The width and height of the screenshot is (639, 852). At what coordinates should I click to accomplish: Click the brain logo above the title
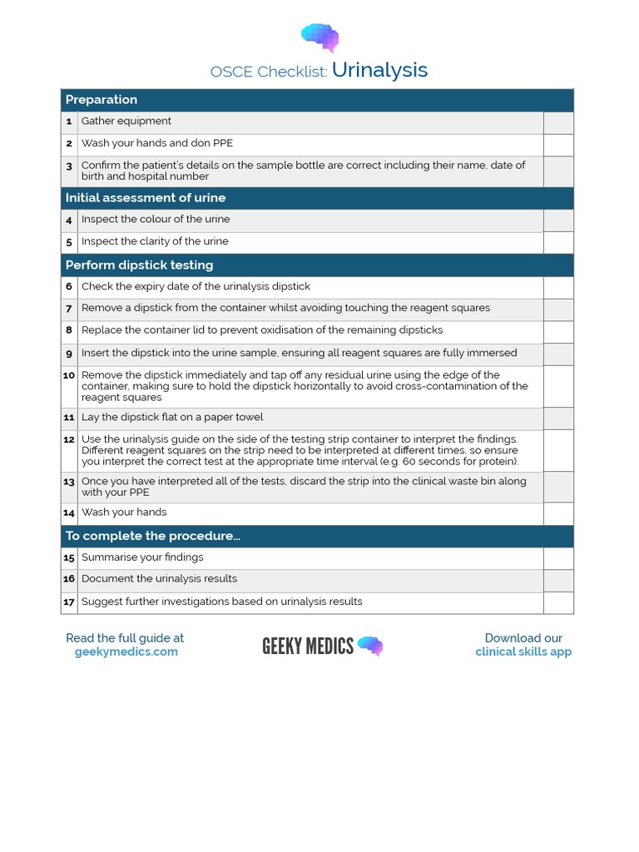pos(319,37)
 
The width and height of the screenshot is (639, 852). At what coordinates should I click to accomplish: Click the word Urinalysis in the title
pos(379,70)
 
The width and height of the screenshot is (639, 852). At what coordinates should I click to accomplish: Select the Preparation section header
pos(102,100)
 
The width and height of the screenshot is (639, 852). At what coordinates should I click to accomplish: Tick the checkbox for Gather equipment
pos(558,122)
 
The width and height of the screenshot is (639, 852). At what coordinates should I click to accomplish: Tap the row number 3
pos(69,166)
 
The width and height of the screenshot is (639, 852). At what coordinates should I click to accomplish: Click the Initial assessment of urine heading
pos(146,198)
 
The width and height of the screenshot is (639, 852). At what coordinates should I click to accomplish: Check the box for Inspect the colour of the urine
pos(558,220)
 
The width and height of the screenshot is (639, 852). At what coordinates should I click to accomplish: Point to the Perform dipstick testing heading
pos(139,265)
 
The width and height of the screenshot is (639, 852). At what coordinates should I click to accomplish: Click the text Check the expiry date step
pos(196,286)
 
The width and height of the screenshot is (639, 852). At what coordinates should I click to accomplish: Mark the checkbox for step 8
pos(558,332)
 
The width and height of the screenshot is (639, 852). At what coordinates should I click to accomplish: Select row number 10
pos(69,375)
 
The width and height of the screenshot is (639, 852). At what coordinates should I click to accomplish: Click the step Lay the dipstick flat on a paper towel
pos(172,418)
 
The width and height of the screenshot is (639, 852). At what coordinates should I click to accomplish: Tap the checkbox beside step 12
pos(558,450)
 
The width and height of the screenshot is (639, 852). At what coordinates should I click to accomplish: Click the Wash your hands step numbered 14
pos(124,513)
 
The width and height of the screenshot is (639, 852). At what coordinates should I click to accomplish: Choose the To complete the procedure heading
pos(153,536)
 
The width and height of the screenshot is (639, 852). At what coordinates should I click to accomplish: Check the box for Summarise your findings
pos(558,558)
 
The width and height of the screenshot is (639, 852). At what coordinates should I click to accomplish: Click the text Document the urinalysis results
pos(159,579)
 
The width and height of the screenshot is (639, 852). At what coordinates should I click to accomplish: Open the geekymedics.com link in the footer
pos(126,652)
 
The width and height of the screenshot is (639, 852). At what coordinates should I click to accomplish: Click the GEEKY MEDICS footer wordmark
pos(308,646)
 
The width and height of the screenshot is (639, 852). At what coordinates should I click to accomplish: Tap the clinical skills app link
pos(523,652)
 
